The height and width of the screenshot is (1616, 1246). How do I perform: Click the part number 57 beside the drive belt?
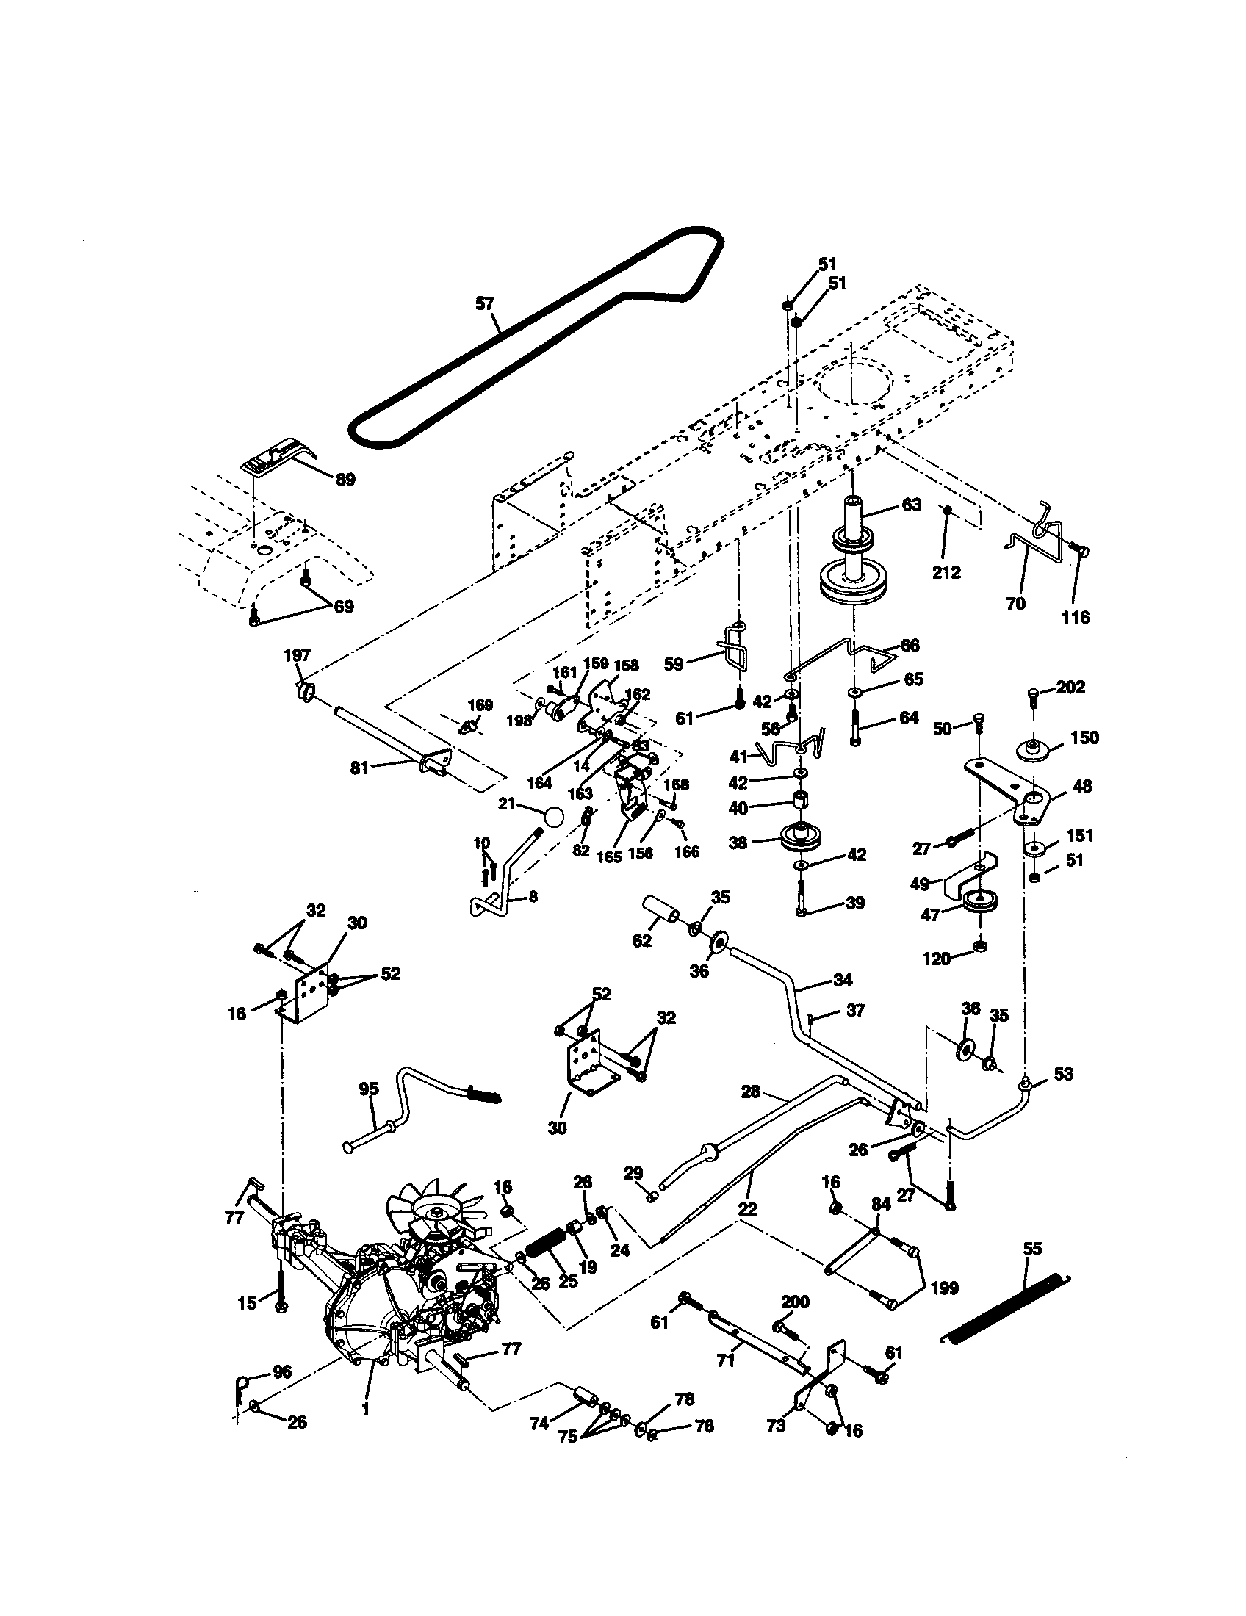[x=484, y=303]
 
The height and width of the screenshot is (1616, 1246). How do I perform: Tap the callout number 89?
[x=345, y=480]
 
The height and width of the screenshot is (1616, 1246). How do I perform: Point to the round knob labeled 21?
[x=551, y=818]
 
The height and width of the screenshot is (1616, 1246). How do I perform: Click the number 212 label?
[x=946, y=572]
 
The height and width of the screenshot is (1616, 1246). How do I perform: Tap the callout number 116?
[x=1075, y=617]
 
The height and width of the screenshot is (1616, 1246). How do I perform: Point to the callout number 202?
[x=1070, y=687]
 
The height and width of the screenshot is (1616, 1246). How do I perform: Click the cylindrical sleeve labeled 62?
[x=664, y=909]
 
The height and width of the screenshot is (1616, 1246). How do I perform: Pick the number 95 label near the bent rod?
[x=369, y=1089]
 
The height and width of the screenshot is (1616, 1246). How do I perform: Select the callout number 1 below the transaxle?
[x=365, y=1410]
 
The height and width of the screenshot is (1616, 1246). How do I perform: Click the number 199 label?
[x=944, y=1288]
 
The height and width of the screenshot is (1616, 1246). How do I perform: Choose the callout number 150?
[x=1084, y=737]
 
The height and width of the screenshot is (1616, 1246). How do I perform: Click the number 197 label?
[x=297, y=654]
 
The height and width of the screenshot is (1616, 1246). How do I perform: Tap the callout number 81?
[x=359, y=769]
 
